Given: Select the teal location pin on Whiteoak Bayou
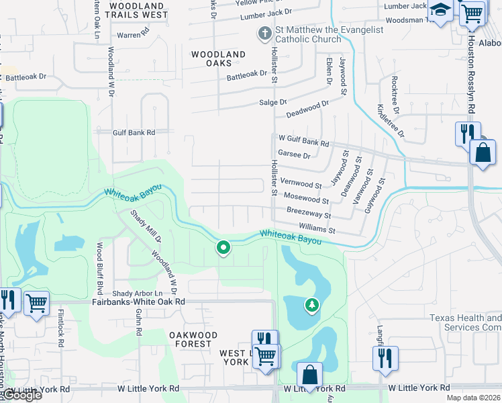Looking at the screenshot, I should coord(223,249).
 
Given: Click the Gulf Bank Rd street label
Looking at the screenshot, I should coord(134,133).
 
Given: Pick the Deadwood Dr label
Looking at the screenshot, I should coord(307,109).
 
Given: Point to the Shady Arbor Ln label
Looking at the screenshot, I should coord(138,294).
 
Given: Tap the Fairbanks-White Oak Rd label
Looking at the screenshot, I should coord(138,302).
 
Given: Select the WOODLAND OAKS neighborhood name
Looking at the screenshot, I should coord(218,58).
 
